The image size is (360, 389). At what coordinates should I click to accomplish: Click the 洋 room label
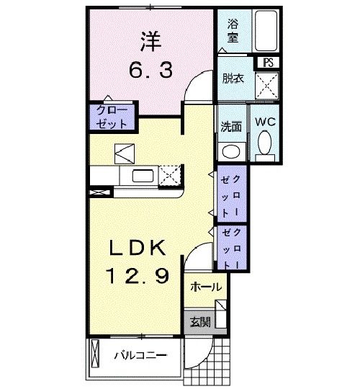(x=150, y=43)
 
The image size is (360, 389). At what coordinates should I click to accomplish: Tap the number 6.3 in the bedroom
(x=150, y=71)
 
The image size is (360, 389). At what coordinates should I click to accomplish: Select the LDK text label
(x=139, y=248)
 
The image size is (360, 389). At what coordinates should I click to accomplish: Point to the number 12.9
(x=139, y=274)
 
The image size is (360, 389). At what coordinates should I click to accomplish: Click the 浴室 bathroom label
(x=234, y=30)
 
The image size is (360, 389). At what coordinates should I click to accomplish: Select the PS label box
(x=269, y=62)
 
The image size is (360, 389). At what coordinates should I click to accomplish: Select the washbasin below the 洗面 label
(x=230, y=151)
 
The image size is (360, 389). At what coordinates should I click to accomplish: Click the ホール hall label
(x=206, y=287)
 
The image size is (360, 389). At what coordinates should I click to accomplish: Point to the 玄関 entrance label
(x=199, y=322)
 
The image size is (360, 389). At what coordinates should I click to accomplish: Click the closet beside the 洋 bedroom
(x=111, y=117)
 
